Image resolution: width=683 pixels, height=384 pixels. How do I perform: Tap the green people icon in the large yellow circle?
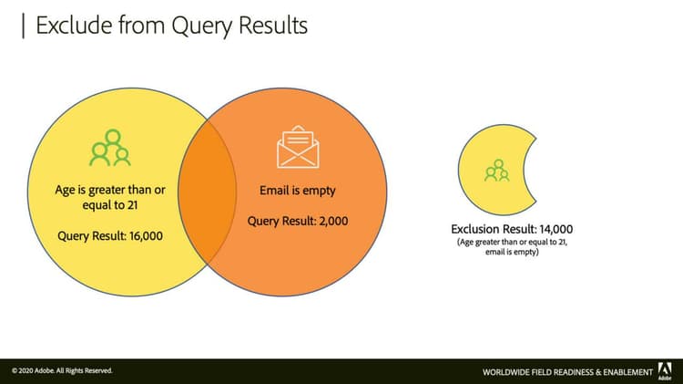109,148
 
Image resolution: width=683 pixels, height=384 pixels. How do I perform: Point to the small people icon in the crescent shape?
496,171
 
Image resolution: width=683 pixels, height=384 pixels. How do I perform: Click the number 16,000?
146,235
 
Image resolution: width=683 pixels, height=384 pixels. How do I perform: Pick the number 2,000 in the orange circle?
330,221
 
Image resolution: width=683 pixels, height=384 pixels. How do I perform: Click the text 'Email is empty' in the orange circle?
298,191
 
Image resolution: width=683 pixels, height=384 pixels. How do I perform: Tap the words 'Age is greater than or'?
110,190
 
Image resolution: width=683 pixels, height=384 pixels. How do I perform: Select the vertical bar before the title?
22,25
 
